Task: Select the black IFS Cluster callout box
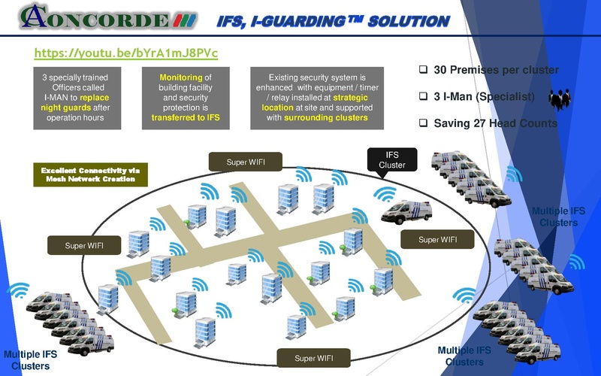(391, 159)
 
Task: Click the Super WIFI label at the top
(246, 162)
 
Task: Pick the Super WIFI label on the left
(84, 245)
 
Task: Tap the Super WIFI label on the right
(437, 240)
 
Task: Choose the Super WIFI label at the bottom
(313, 358)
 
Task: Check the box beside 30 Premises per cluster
(423, 70)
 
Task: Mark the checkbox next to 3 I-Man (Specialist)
(423, 97)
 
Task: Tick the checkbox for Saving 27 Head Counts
(423, 123)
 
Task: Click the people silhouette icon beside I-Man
(559, 99)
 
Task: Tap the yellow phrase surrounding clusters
(325, 118)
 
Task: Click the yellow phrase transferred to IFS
(185, 118)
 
